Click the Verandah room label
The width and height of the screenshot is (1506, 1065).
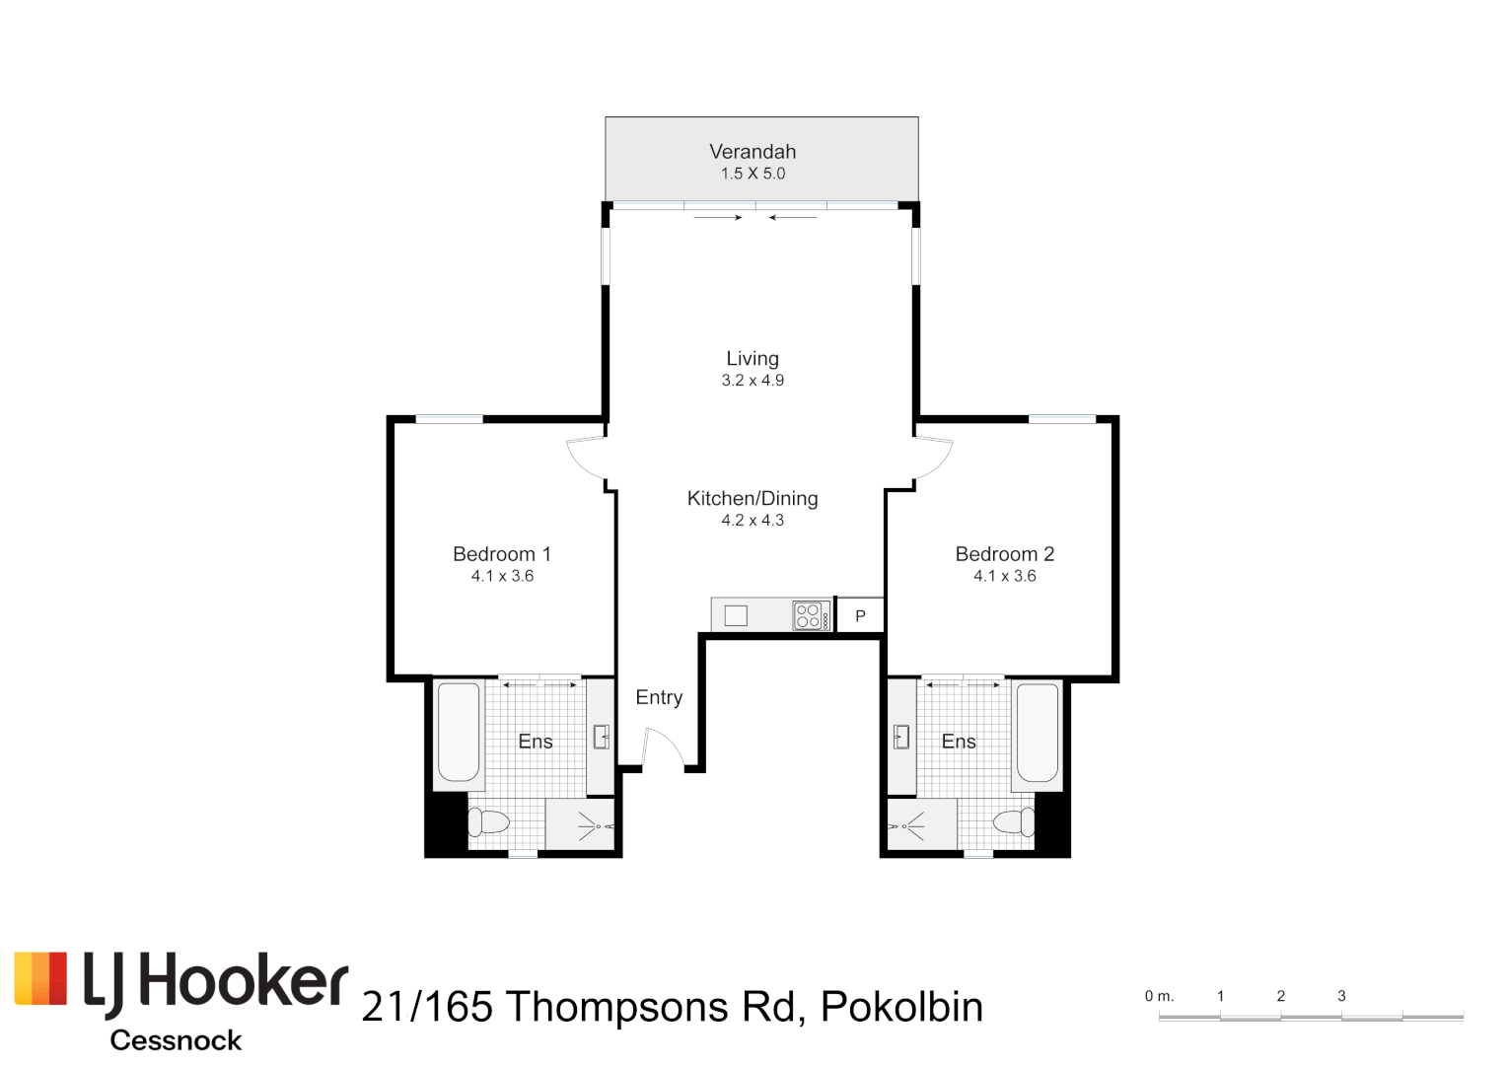tap(753, 152)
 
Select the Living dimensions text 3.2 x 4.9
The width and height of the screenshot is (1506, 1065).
tap(753, 381)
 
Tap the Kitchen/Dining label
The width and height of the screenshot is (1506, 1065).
tap(753, 499)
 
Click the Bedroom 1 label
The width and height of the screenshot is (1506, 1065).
tap(501, 554)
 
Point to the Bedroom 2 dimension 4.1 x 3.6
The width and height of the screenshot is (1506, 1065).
tap(1004, 576)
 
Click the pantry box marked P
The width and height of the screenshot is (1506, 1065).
tap(860, 615)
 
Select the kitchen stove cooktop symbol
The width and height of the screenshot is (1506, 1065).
tap(810, 615)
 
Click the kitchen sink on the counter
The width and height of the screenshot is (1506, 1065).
tap(736, 615)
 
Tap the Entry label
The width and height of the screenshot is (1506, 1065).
tap(659, 698)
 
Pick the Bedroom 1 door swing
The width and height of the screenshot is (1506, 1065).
tap(585, 459)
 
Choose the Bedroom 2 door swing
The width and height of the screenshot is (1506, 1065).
tap(933, 459)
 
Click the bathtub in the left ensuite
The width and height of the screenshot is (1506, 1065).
tap(459, 733)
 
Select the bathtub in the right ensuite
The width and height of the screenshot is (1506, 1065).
tap(1037, 733)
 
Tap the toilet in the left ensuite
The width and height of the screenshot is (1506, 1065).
tap(488, 821)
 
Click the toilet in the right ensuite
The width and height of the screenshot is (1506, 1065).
tap(1013, 820)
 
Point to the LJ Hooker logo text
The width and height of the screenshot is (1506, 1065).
tap(214, 983)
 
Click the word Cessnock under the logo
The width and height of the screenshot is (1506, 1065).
tap(176, 1040)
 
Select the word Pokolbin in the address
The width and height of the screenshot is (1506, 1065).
tap(901, 1007)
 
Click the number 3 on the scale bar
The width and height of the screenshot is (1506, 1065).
tap(1341, 996)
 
